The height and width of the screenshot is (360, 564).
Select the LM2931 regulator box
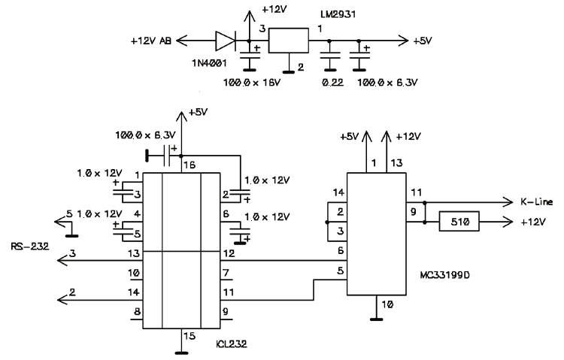[x=289, y=40]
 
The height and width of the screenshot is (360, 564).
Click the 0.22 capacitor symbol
[x=328, y=54]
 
